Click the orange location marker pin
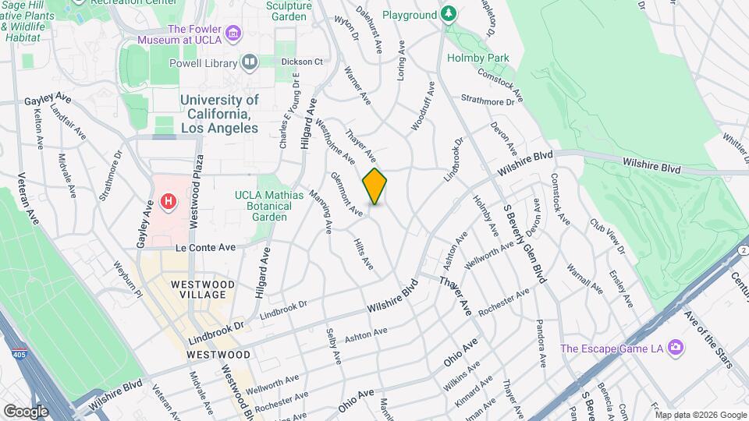(374, 186)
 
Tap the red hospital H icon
(168, 203)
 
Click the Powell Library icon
(250, 62)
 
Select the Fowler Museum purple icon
(234, 33)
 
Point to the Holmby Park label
(477, 58)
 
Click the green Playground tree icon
(448, 14)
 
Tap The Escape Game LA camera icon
(675, 347)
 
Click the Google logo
(26, 411)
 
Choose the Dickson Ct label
(302, 62)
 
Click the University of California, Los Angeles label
(219, 114)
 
